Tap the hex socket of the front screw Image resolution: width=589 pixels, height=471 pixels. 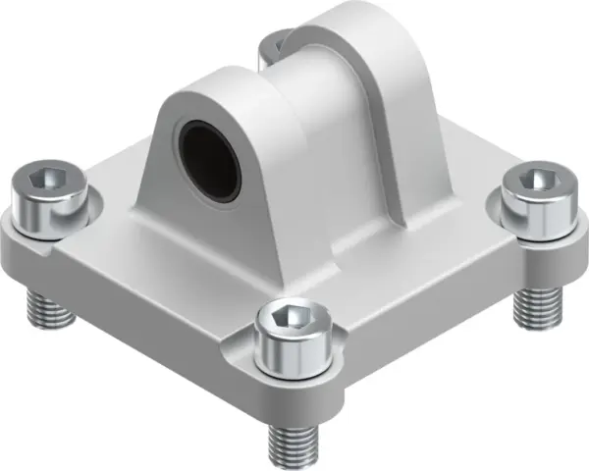point(286,316)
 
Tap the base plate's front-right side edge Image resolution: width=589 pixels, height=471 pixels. point(442,314)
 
